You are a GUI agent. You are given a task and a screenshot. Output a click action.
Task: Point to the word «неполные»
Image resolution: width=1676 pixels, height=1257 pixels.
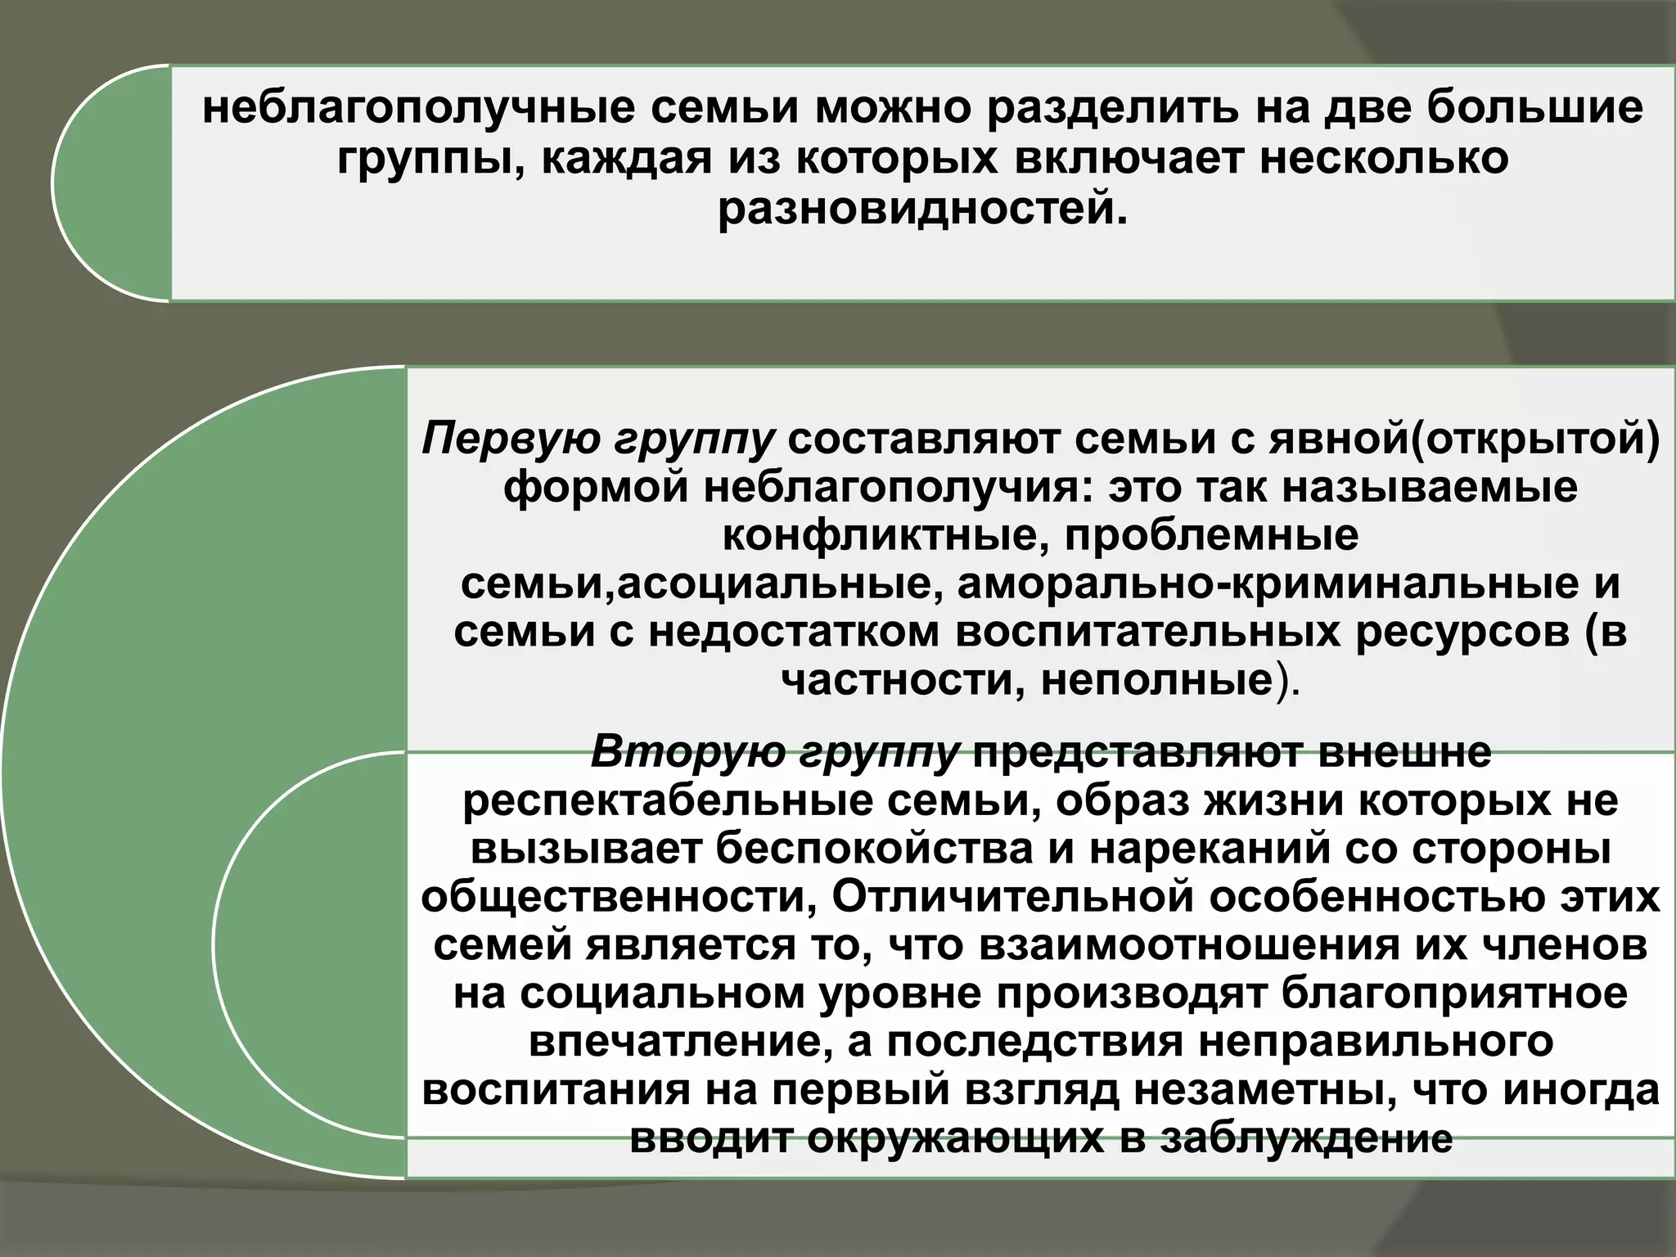click(1158, 681)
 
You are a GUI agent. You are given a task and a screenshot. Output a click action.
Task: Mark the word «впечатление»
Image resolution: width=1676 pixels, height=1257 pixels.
click(680, 1042)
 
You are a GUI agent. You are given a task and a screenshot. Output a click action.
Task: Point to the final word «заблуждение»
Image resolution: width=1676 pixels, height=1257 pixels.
click(1307, 1139)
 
